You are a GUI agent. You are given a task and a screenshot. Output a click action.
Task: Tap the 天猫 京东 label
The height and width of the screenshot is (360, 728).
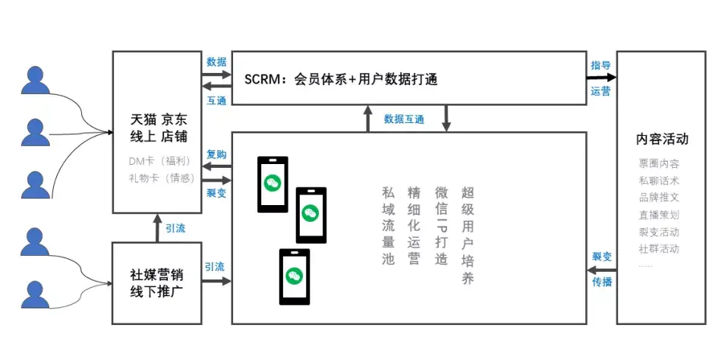click(159, 120)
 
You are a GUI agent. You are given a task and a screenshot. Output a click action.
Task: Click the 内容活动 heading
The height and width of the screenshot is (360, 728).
click(662, 140)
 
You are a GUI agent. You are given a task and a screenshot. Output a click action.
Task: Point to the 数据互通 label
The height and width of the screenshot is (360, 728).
click(404, 119)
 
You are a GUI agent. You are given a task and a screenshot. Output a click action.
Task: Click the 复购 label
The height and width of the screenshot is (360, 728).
click(216, 154)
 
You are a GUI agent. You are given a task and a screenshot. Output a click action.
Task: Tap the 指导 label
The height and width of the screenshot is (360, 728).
click(601, 65)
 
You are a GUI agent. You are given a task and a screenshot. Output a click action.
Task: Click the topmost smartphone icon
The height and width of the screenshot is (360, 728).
click(273, 184)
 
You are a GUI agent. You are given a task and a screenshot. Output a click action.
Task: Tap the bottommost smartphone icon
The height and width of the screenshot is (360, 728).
click(294, 276)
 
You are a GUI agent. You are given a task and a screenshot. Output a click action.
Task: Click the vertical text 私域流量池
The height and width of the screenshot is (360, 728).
click(389, 226)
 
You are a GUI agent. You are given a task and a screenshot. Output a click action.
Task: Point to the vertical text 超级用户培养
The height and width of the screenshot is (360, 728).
click(468, 235)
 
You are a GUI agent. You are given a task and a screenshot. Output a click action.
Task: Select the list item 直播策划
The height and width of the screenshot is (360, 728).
click(659, 215)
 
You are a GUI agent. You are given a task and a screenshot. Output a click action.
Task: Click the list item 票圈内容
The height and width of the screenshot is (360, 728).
click(659, 164)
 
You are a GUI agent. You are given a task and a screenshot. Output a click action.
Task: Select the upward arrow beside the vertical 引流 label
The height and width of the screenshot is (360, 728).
click(157, 228)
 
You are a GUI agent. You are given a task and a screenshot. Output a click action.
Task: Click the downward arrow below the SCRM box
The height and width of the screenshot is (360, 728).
click(446, 118)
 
